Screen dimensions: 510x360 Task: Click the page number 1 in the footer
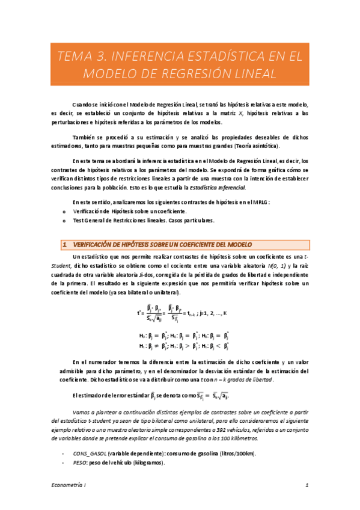tap(307, 484)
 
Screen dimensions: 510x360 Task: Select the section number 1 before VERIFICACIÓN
tap(64, 244)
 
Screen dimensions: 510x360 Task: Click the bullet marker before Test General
tap(64, 221)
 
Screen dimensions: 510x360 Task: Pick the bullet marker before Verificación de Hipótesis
tap(64, 211)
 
